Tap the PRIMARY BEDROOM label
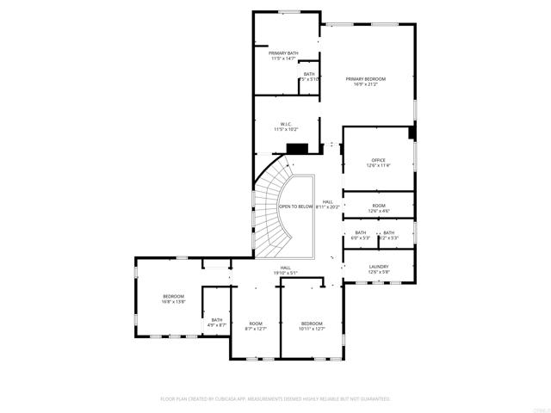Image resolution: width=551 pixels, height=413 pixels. tap(366, 79)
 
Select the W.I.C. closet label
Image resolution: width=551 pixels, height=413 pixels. tap(284, 124)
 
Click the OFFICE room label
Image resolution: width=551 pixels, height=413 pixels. tap(378, 160)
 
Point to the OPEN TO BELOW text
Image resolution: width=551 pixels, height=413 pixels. tap(294, 206)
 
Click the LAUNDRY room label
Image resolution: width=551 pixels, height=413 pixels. tap(379, 267)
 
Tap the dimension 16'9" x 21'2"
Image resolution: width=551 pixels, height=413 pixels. tap(367, 84)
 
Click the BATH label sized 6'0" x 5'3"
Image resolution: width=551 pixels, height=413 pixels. tap(360, 232)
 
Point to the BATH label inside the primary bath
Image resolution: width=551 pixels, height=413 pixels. tap(309, 74)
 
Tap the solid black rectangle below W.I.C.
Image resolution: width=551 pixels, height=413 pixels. tap(297, 148)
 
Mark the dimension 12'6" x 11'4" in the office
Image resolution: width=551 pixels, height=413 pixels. tap(378, 165)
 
